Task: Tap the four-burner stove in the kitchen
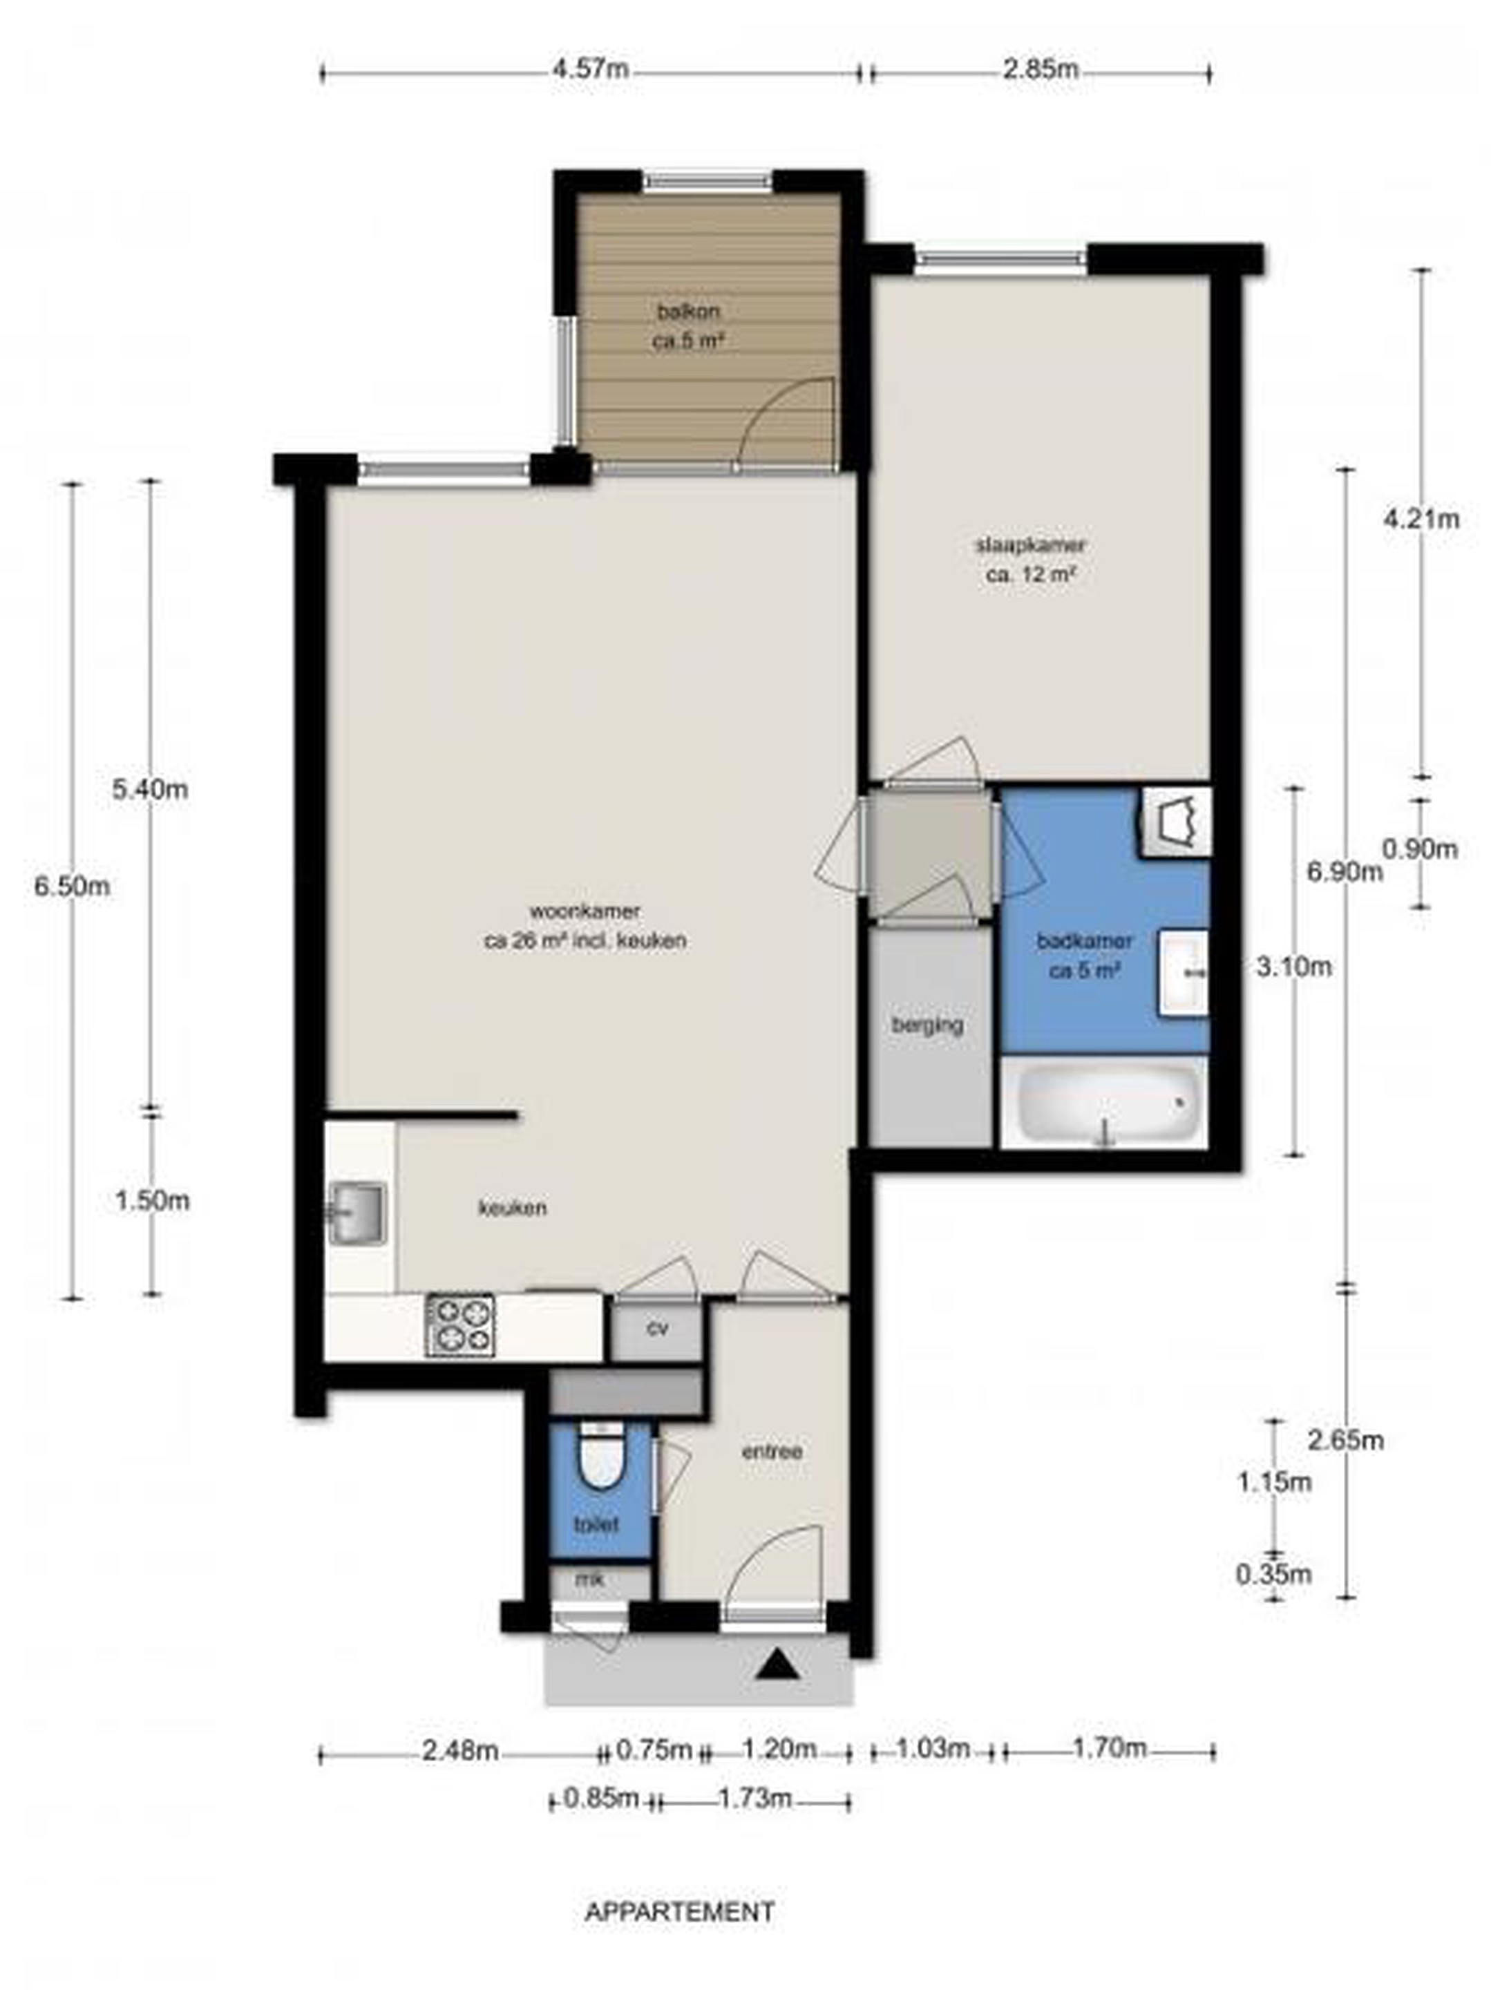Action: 460,1325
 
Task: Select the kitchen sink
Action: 357,1213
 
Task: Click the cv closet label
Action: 657,1328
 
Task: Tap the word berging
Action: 926,1025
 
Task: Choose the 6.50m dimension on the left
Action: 72,886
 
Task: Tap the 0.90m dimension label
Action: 1419,849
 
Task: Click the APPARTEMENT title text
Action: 679,1904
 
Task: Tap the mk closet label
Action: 590,1579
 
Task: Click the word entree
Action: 771,1451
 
